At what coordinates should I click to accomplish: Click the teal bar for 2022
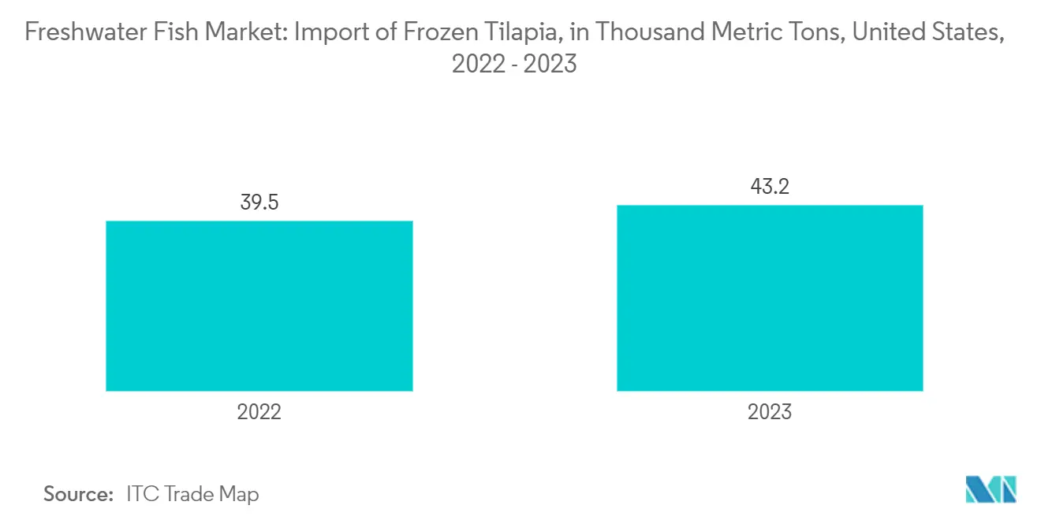click(x=259, y=306)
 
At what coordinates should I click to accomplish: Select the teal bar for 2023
click(x=770, y=298)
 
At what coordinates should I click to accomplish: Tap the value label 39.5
click(x=259, y=203)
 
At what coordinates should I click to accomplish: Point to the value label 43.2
click(x=770, y=188)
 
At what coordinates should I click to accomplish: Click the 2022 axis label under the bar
click(x=259, y=412)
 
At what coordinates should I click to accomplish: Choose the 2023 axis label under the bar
click(x=770, y=412)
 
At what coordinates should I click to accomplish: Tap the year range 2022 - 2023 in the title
click(x=514, y=63)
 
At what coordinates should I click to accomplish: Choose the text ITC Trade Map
click(x=192, y=495)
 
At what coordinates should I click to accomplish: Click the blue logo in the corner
click(x=991, y=489)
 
